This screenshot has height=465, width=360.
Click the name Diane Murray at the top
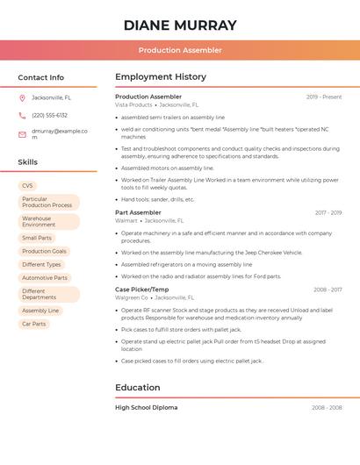tap(180, 25)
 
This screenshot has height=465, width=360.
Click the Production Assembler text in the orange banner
tap(180, 51)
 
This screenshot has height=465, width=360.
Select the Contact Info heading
tap(40, 77)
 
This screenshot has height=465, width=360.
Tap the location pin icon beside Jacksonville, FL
tap(22, 97)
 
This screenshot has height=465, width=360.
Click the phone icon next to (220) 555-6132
tap(22, 115)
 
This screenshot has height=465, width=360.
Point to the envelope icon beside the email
tap(22, 134)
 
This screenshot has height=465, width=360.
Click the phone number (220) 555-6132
tap(49, 115)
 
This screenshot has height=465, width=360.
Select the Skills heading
tap(27, 162)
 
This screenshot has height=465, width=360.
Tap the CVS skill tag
tap(27, 186)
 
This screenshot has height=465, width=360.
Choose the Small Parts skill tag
tap(37, 238)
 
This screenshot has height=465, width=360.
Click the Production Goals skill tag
tap(44, 251)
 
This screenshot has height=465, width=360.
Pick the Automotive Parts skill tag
tap(45, 277)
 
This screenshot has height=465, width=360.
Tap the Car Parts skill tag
tap(33, 324)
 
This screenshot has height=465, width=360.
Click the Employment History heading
tap(161, 77)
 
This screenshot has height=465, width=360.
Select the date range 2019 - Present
tap(324, 97)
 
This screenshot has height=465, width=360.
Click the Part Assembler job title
tap(138, 212)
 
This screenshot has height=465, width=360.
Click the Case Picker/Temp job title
tap(141, 290)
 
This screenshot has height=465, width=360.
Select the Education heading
tap(138, 388)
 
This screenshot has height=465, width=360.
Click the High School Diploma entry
tap(146, 408)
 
